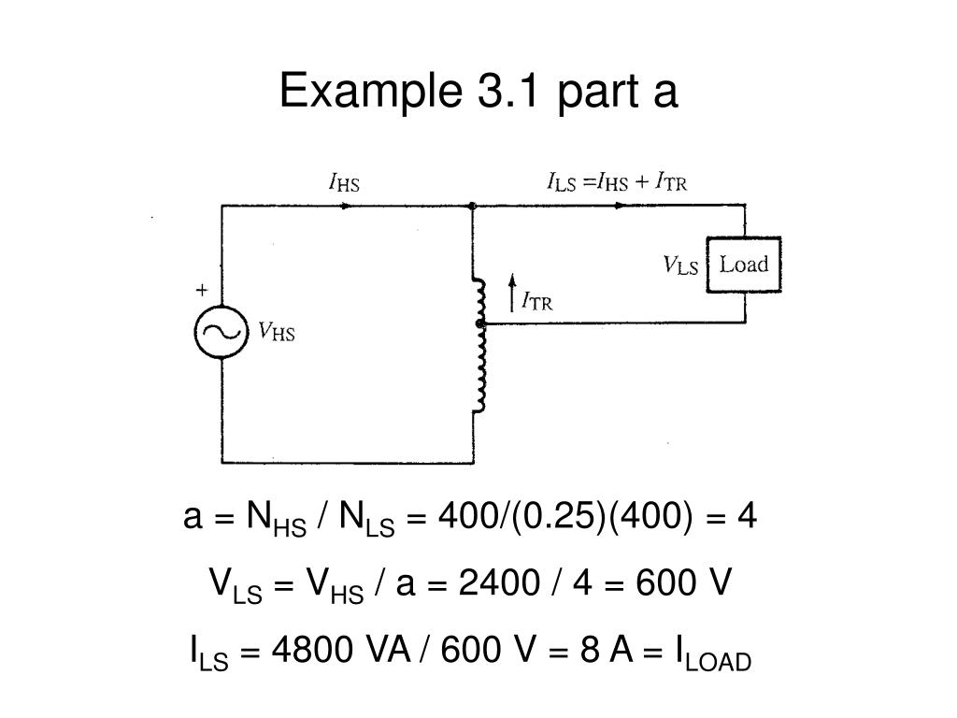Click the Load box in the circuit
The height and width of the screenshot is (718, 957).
743,266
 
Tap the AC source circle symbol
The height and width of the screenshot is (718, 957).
221,332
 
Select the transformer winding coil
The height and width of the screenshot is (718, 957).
479,346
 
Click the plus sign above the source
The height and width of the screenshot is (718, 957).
201,291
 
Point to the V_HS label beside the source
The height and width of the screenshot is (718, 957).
277,331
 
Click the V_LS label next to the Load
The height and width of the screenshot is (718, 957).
681,266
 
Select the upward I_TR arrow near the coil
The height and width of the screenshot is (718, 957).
512,292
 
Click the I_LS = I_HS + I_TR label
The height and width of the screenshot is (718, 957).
617,181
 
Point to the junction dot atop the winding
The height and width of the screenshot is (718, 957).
473,206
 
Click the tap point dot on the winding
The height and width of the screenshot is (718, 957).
480,323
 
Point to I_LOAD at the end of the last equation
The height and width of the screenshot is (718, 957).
710,654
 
